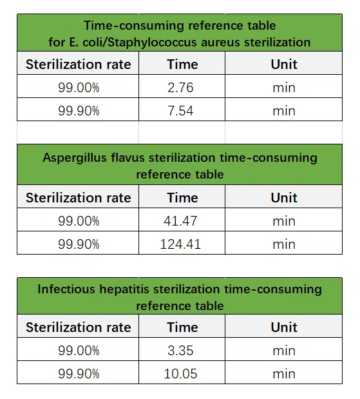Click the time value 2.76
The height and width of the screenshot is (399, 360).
180,88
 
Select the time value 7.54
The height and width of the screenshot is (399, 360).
180,111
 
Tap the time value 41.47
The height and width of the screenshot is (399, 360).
180,221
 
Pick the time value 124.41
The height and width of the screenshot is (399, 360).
180,244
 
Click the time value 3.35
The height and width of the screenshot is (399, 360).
180,351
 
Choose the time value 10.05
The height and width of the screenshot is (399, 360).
180,374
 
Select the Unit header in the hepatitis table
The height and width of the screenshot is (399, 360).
283,327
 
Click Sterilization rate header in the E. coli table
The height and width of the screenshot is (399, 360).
78,64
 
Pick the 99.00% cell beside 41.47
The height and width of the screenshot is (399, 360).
79,221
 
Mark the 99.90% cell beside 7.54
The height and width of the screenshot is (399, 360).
79,111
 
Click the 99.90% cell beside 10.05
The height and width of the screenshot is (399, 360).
79,374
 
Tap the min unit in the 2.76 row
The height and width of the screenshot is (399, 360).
283,88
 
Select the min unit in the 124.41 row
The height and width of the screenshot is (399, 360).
283,244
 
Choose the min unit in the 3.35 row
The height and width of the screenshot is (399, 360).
283,351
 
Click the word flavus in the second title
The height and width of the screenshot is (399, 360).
129,157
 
